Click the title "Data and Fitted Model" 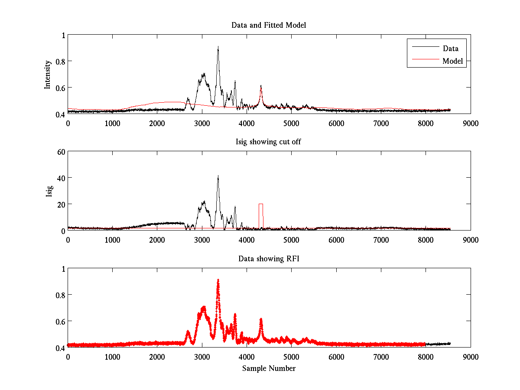(269, 25)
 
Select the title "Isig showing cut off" (269, 142)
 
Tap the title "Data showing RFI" (269, 259)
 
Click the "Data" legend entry (450, 48)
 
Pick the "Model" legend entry (452, 61)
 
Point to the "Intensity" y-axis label (48, 75)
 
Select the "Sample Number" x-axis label (269, 368)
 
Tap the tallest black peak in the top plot (218, 47)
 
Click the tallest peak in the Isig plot (218, 176)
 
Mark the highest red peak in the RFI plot (218, 280)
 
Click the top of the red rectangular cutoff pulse (261, 204)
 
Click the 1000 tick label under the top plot (112, 123)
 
